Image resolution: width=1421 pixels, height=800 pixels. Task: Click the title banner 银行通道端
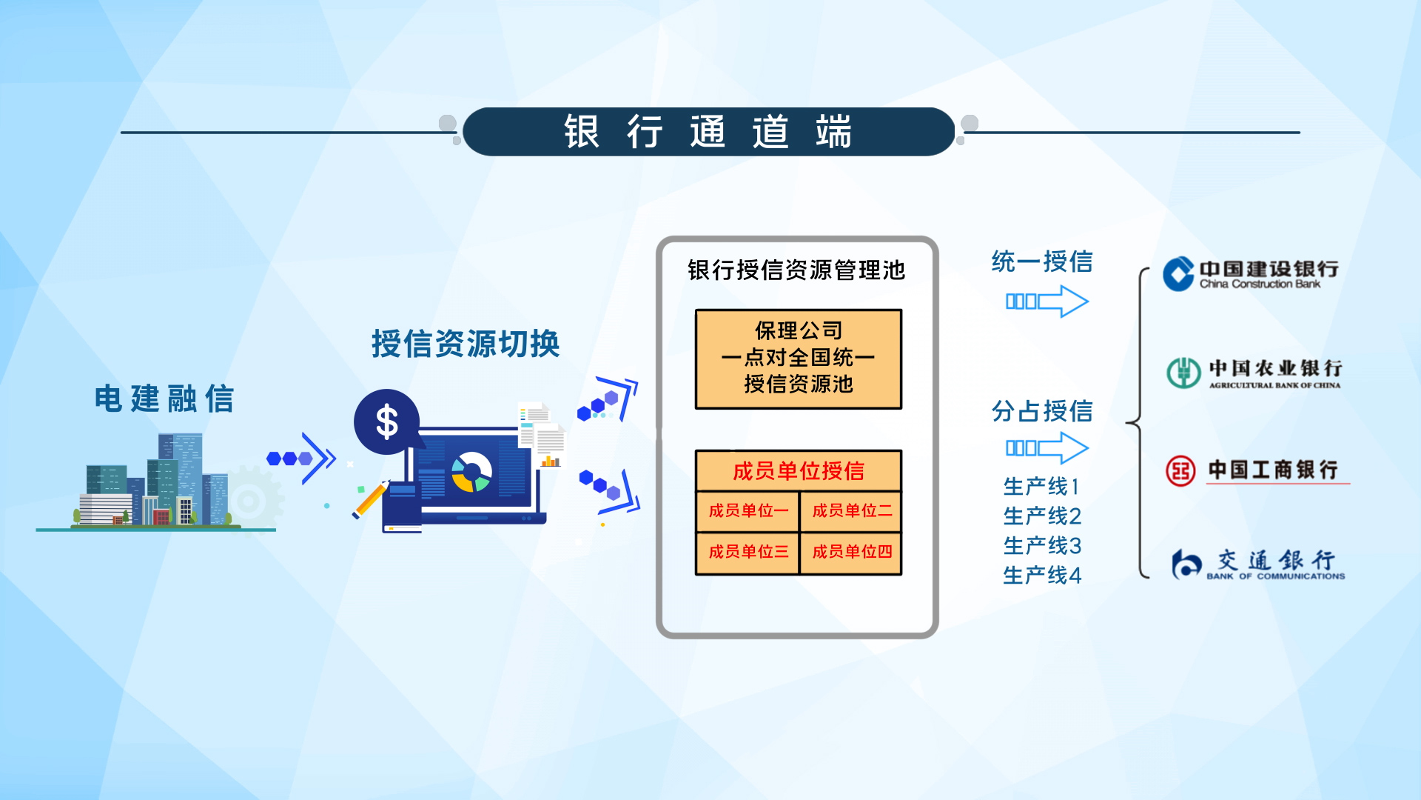(708, 132)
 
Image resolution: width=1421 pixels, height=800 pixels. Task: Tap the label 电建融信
(164, 399)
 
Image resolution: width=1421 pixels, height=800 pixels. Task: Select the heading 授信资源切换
(466, 344)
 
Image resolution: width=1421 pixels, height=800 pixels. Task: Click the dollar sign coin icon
(386, 422)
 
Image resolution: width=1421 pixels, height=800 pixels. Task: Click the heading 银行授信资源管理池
(796, 270)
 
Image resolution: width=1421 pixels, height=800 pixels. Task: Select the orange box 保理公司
(799, 359)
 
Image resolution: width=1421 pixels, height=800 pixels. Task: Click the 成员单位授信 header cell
(799, 470)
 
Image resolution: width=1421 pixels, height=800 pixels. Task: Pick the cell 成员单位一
(748, 511)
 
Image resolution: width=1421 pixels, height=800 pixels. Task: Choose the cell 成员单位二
(851, 511)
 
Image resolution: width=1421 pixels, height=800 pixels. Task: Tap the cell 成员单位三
(748, 553)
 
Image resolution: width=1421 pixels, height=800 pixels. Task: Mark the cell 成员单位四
(851, 553)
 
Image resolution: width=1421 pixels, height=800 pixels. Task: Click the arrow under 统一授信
(1047, 301)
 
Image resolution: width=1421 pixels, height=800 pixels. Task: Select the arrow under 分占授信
(1047, 448)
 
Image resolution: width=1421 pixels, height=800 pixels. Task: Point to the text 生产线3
(1042, 546)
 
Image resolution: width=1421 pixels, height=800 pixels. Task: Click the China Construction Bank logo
(1250, 274)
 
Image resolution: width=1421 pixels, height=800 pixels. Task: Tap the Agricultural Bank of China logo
(1254, 373)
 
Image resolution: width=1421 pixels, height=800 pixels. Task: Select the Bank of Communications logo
(1258, 565)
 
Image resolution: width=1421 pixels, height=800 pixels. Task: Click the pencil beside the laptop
(371, 499)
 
